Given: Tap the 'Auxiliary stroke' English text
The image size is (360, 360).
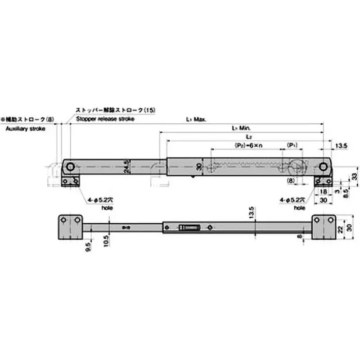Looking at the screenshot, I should pos(22,128).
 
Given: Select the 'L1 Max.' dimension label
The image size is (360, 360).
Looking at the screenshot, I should pos(196,120).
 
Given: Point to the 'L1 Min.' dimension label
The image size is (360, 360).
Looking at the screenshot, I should pos(241,128).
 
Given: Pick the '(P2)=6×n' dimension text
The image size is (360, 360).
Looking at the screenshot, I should pos(248,146).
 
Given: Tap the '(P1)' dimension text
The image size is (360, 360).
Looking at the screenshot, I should pos(292,146).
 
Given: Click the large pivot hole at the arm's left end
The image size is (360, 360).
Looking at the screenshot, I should pos(70,167).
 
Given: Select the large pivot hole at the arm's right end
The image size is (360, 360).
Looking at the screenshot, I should pos(323,167).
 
